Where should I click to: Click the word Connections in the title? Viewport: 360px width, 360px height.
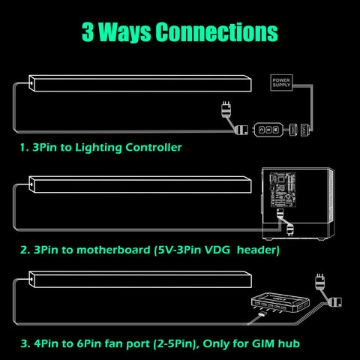tap(217, 31)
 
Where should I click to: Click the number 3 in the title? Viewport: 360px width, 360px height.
tap(88, 31)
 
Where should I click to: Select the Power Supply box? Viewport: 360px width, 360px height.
tap(281, 82)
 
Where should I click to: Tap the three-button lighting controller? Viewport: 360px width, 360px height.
tap(268, 130)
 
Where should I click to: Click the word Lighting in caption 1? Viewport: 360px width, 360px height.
tap(98, 148)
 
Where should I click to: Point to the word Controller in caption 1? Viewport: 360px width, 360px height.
tap(154, 147)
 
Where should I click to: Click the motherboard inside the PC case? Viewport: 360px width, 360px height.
tap(283, 189)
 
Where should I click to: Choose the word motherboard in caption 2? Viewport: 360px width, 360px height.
tap(113, 250)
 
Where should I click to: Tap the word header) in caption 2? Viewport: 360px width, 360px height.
tap(258, 250)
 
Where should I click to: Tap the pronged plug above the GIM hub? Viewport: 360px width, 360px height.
tap(320, 281)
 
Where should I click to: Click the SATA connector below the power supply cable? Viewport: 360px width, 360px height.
tap(304, 130)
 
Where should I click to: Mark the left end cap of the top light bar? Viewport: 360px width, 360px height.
tap(31, 83)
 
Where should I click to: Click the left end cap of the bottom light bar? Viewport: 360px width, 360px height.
tap(31, 279)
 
